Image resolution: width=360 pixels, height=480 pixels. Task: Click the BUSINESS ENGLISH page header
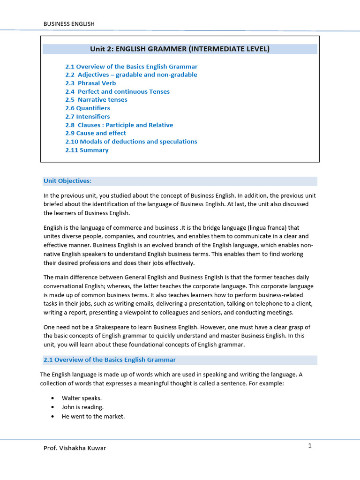coord(69,24)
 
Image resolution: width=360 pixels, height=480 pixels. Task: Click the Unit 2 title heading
coord(180,49)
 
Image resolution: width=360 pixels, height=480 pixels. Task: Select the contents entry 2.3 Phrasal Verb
coord(90,83)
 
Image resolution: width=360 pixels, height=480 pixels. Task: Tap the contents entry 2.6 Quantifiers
coord(88,108)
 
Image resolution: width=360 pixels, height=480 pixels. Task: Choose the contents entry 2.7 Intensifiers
coord(88,117)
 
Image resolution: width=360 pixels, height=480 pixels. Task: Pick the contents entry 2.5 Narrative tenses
coord(96,100)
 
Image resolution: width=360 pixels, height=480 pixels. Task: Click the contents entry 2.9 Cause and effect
coord(96,133)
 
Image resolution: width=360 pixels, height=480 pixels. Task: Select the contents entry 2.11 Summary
coord(87,150)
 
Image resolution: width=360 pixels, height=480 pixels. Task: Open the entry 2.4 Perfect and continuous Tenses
coord(117,91)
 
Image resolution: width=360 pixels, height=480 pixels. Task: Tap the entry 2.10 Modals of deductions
coord(131,142)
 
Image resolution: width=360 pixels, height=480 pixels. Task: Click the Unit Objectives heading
coord(67,181)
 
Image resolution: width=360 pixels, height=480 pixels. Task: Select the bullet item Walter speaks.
coord(82,398)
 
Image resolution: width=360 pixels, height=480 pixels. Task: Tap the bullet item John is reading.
coord(82,407)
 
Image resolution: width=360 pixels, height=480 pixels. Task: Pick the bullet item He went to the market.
coord(93,416)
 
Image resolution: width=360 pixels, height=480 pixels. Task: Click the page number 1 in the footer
coord(310,446)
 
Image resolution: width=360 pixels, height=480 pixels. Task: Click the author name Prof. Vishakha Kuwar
coord(75,448)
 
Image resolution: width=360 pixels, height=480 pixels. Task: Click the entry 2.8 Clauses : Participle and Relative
coord(119,125)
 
